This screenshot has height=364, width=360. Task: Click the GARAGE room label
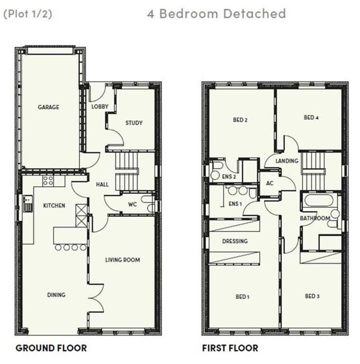click(x=48, y=108)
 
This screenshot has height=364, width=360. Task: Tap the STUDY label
click(x=134, y=123)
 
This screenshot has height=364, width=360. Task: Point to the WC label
click(x=133, y=205)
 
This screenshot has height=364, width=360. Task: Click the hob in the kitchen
click(x=48, y=181)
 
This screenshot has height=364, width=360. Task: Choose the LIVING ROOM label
click(x=123, y=260)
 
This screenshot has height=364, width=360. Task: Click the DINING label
click(x=56, y=295)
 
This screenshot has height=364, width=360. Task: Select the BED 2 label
click(x=240, y=120)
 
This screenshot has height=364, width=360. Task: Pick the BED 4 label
click(x=311, y=118)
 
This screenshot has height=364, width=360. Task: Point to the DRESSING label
click(x=235, y=241)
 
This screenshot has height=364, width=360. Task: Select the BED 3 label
click(x=312, y=296)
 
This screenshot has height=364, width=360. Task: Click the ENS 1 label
click(x=235, y=204)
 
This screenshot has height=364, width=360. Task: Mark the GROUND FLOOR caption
click(x=51, y=348)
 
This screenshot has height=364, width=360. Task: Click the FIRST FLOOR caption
click(x=230, y=348)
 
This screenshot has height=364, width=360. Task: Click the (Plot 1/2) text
click(x=27, y=14)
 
